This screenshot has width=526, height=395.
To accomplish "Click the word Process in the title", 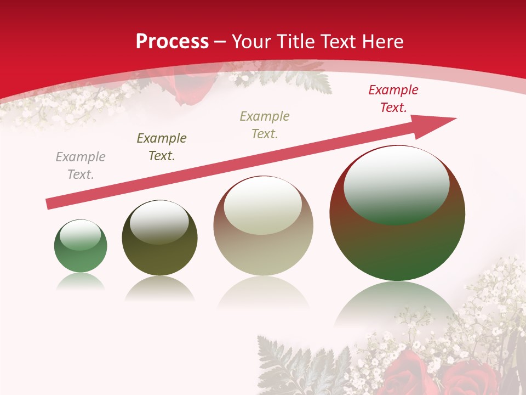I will [172, 42].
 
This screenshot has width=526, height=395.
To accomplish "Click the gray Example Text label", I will [81, 166].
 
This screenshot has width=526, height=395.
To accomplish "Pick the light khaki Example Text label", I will [265, 125].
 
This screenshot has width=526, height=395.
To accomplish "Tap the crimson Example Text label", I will [393, 99].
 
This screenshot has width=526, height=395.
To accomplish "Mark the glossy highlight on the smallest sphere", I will [81, 235].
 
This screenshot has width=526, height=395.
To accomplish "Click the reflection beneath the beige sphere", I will [263, 294].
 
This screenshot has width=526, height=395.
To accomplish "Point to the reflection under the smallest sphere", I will [81, 282].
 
